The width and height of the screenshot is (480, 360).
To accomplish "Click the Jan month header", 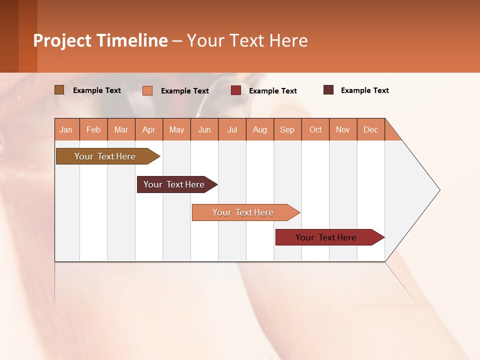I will pos(66,129).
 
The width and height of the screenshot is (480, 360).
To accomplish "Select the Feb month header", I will pos(93,129).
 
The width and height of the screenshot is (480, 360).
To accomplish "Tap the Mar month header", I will pos(121,129).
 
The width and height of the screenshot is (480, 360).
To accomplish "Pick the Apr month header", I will pos(149,129).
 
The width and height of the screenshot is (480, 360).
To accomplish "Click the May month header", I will pos(176,129).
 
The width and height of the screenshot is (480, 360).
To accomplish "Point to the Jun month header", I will pos(204,129).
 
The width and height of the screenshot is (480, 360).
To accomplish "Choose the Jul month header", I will pos(232,129).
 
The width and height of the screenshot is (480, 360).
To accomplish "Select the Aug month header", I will pos(260,129).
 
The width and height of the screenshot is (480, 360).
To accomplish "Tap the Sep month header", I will pos(287,129).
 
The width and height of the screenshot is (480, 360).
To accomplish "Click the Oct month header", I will pos(315,129).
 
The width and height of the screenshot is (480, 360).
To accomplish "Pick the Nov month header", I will pos(343,129).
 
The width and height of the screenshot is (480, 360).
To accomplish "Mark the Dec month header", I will pos(371,129).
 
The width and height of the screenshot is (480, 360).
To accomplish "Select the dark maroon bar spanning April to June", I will pos(175,184).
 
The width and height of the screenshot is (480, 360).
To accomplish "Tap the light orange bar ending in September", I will pos(244,212).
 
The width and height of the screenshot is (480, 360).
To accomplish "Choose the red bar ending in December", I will pos(327,237).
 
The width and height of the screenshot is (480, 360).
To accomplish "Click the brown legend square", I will pos(59,90).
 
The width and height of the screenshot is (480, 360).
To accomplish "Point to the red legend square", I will pos(236,90).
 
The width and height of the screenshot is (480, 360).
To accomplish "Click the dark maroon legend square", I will pos(328,90).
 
